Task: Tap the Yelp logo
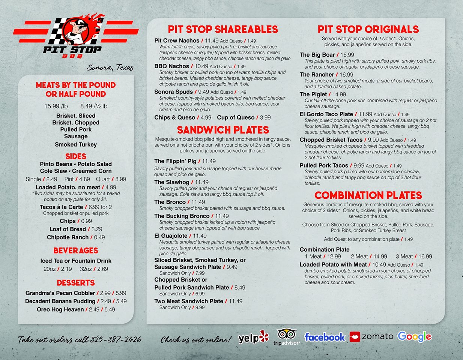254,338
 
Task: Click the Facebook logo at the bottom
325,337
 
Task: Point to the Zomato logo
371,336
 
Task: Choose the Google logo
414,336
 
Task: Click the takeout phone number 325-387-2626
116,340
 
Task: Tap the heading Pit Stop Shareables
223,29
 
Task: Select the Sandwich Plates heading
223,130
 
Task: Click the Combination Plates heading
368,195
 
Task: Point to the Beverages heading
76,250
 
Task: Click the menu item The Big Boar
317,55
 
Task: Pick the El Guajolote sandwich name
171,236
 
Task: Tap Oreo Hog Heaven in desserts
60,309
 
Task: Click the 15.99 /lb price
56,106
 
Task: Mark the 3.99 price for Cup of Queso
265,117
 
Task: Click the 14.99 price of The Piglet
339,94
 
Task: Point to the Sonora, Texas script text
110,68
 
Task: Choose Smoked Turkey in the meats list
76,144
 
